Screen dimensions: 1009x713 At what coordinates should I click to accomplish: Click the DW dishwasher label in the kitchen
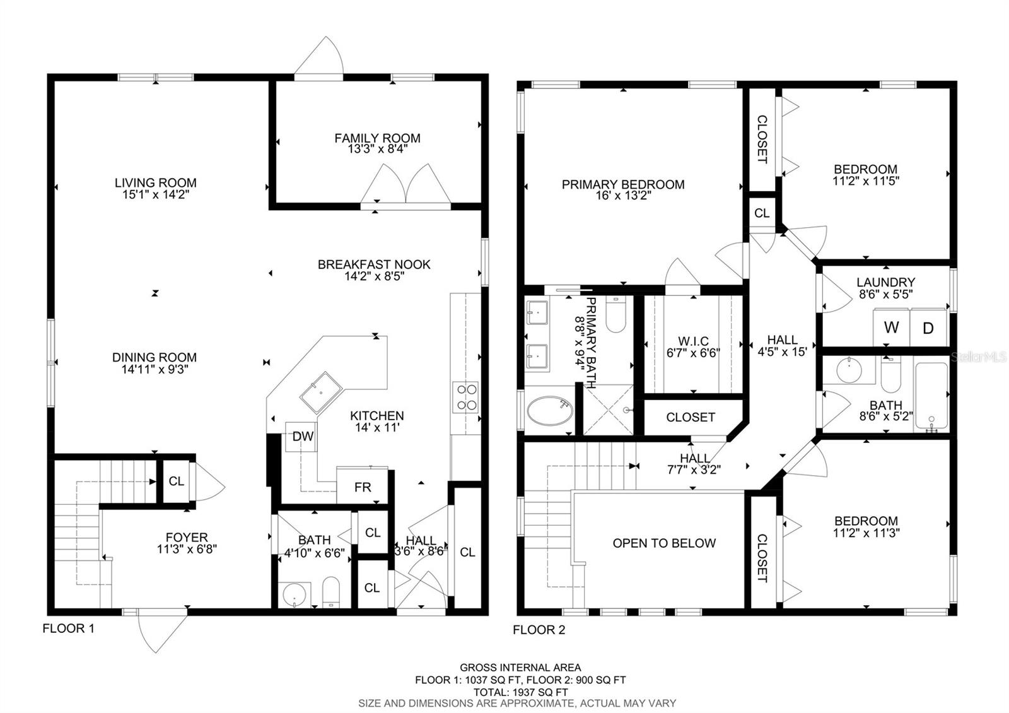(303, 436)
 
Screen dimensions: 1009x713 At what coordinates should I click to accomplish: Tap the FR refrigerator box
(362, 486)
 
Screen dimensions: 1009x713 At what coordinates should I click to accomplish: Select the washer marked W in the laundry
(891, 327)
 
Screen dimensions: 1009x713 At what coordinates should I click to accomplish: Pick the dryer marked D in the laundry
(928, 327)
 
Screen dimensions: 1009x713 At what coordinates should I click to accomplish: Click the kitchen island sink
(321, 392)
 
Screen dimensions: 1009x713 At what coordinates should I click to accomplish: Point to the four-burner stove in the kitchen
(465, 397)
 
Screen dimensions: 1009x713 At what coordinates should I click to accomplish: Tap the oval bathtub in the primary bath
(549, 411)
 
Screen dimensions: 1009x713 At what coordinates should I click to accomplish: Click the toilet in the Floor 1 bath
(331, 592)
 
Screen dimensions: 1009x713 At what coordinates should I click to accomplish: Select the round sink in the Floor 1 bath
(294, 595)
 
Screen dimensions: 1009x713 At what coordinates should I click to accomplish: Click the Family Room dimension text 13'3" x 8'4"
(378, 149)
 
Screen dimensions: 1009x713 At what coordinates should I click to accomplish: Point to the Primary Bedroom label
(623, 184)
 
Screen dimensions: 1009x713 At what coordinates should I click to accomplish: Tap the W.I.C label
(693, 341)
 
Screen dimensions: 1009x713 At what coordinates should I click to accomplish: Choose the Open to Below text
(664, 543)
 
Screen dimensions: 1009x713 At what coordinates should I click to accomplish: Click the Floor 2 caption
(539, 630)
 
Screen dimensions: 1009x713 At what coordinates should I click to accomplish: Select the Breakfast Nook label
(374, 264)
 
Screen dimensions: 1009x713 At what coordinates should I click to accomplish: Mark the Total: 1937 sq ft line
(520, 692)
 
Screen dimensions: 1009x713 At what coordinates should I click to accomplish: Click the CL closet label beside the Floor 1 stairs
(176, 481)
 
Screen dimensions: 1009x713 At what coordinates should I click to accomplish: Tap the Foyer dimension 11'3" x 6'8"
(187, 549)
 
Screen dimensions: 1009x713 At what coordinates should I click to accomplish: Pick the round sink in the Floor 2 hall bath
(849, 370)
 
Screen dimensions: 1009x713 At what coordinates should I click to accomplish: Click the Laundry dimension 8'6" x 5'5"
(885, 294)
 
